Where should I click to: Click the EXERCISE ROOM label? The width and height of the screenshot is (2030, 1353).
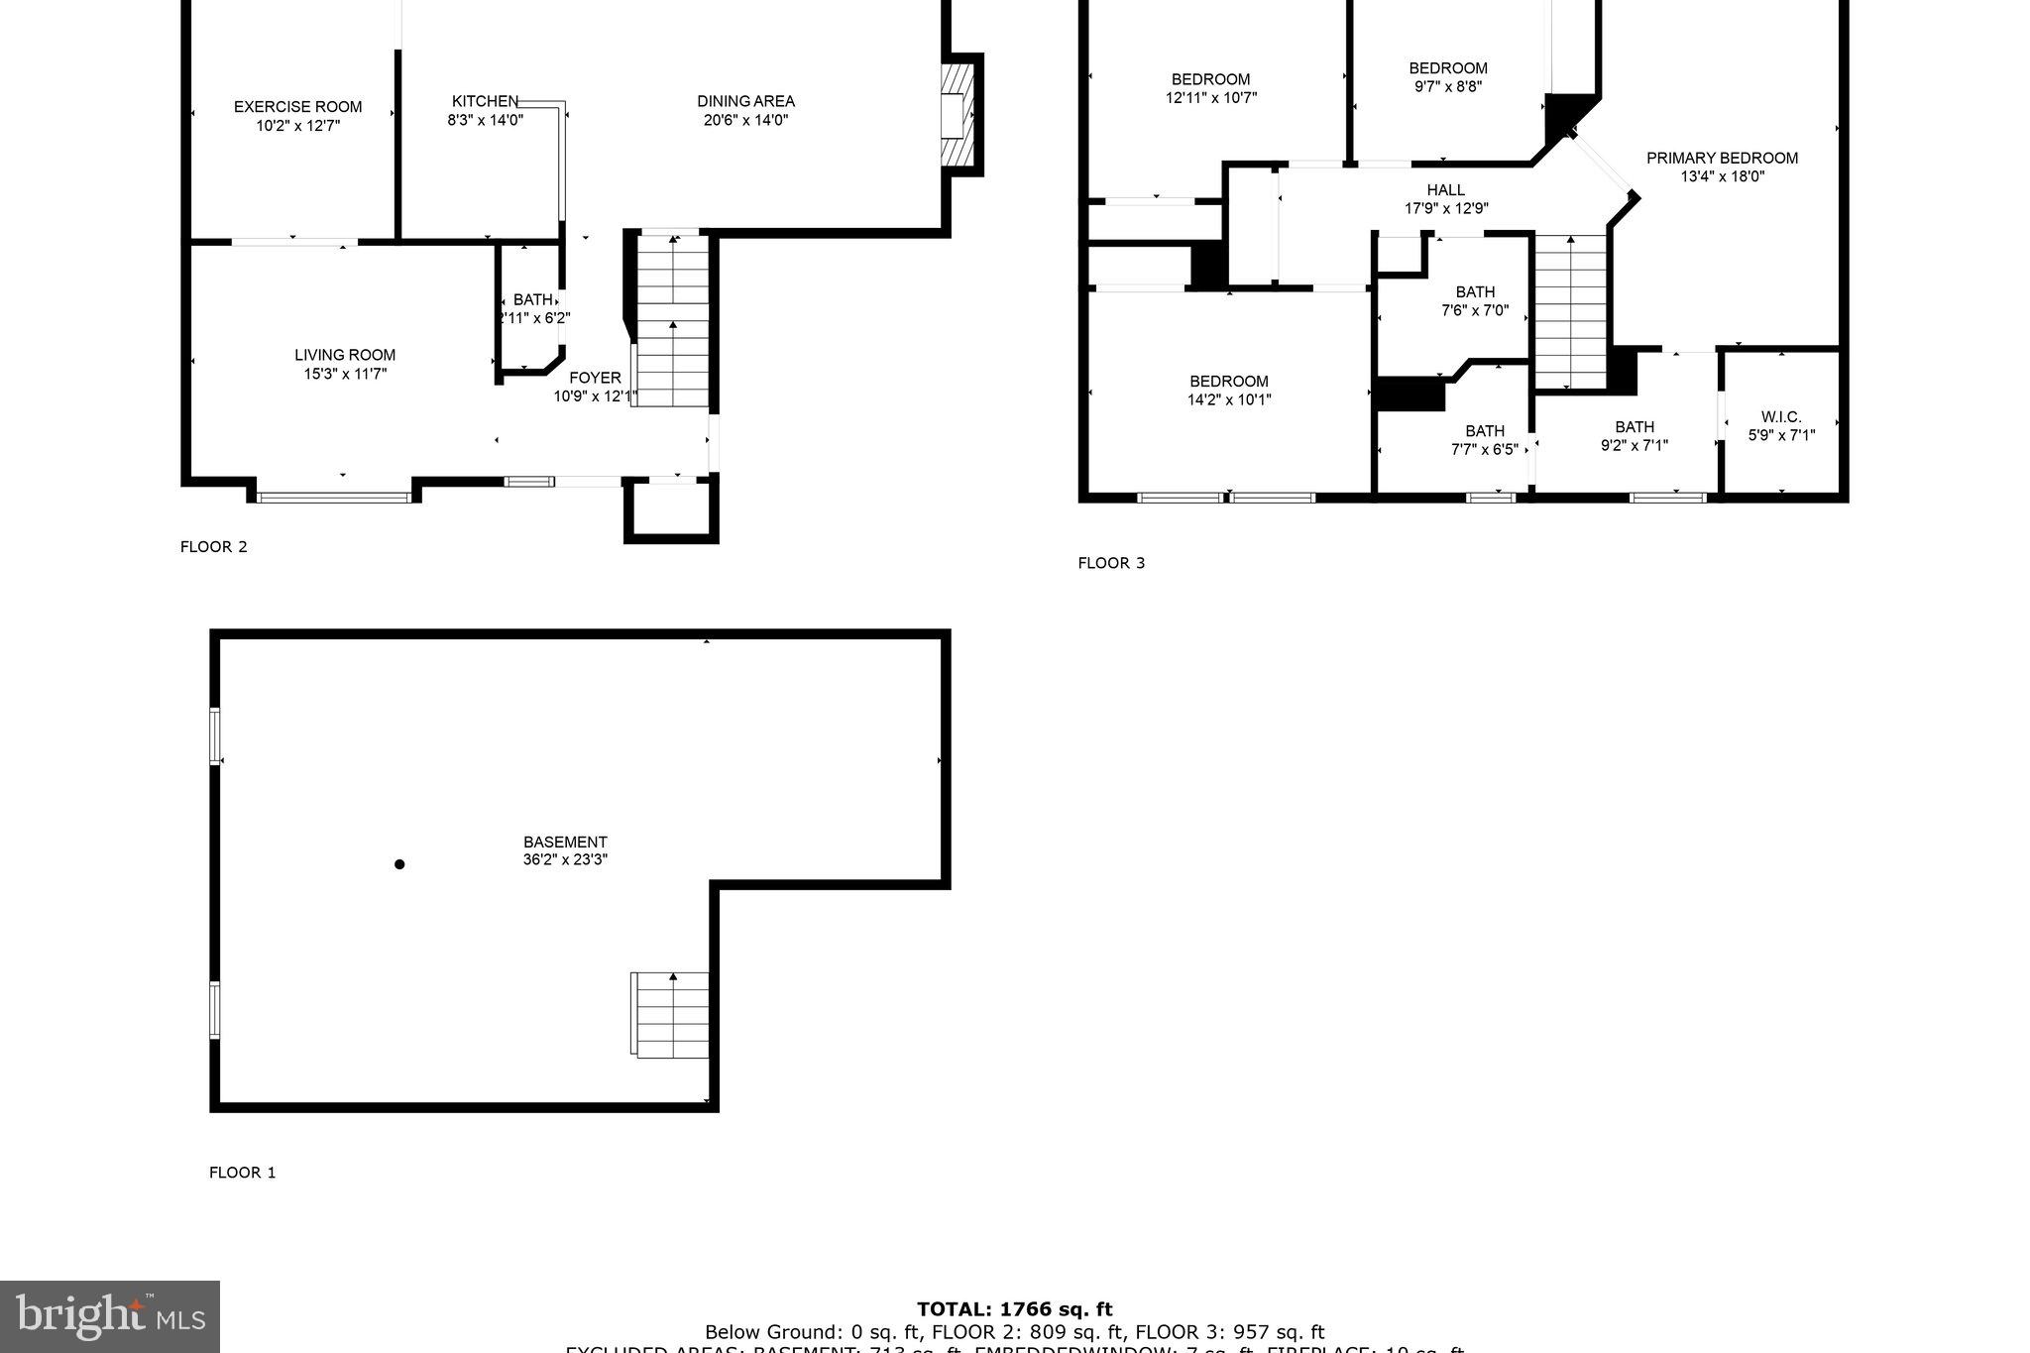pos(297,107)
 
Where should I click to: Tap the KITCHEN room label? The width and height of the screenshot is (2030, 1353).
pos(485,101)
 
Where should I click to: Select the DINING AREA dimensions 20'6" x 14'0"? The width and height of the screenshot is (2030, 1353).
pos(744,120)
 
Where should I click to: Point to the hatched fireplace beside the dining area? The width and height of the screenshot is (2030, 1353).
pos(957,115)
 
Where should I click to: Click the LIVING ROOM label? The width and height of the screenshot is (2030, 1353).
pos(344,355)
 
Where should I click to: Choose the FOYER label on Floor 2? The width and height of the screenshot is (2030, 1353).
pos(595,378)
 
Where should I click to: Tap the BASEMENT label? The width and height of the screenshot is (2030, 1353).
pos(565,842)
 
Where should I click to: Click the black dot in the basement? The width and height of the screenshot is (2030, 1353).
pos(399,864)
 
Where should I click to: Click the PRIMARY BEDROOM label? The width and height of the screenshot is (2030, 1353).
pos(1722,158)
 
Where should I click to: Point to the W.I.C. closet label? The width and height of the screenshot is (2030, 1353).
pos(1781,417)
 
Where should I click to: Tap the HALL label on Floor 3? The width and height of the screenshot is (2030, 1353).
pos(1445,190)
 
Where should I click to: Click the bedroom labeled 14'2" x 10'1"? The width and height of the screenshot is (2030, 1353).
pos(1229,391)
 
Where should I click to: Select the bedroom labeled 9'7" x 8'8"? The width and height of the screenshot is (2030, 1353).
pos(1448,77)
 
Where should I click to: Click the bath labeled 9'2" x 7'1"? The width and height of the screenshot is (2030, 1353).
pos(1635,436)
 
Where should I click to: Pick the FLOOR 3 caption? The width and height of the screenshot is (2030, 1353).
pos(1111,563)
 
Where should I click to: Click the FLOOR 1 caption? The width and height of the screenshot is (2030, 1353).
pos(242,1173)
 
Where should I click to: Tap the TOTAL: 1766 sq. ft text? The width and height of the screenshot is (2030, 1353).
pos(1014,1309)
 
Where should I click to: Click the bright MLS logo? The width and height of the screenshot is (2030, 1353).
pos(110,1316)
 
